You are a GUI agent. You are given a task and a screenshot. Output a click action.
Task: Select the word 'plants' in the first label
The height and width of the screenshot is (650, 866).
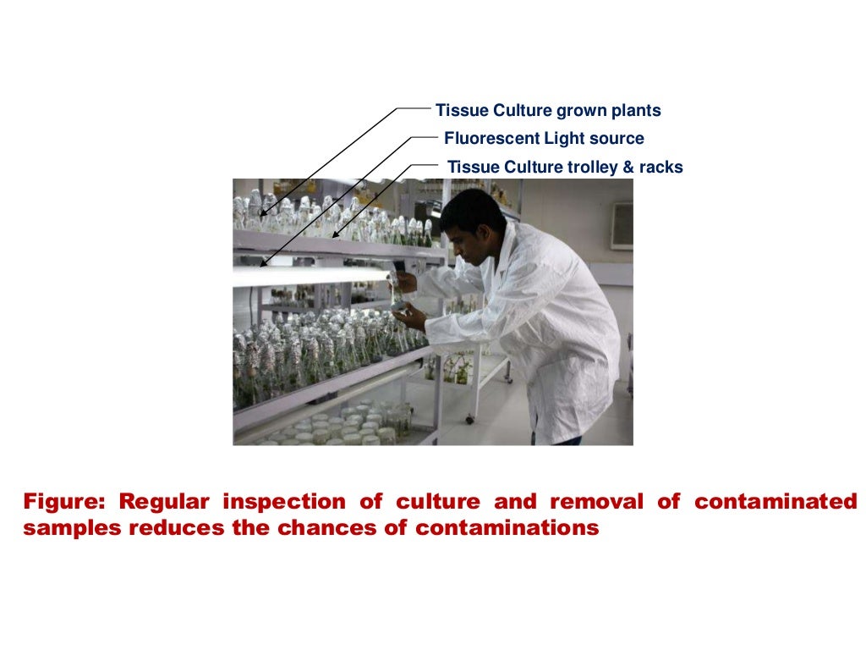tap(633, 111)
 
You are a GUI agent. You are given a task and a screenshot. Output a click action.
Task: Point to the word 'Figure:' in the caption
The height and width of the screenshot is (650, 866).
tap(65, 502)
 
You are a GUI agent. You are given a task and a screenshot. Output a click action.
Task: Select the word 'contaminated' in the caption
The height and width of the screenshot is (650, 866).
tap(776, 502)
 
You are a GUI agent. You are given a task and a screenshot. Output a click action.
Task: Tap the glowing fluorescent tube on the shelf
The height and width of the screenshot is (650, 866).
tap(304, 276)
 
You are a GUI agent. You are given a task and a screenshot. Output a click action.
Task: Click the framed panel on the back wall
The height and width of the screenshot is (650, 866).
tap(622, 225)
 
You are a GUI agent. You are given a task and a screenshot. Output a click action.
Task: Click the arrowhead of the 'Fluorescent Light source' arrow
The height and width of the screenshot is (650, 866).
tap(264, 264)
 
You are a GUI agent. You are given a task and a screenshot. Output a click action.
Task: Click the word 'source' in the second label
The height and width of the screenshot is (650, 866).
tap(618, 139)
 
